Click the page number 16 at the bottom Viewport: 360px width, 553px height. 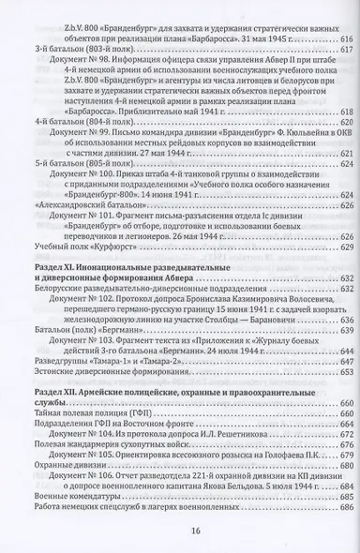[x=181, y=531]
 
